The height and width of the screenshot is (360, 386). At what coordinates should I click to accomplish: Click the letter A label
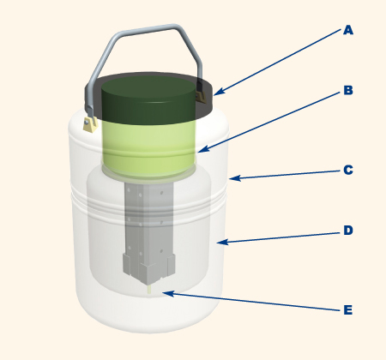(348, 30)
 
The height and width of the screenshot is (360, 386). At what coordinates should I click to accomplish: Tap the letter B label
(348, 90)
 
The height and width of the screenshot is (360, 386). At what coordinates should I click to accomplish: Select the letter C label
(348, 170)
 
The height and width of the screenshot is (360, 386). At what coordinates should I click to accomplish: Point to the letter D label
(348, 231)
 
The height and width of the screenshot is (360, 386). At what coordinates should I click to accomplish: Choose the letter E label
(348, 310)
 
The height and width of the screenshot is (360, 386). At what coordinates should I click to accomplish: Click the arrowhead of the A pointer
(218, 92)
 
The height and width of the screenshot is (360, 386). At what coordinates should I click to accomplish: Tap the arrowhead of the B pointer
(202, 149)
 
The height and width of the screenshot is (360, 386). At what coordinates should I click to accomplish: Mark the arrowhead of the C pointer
(233, 178)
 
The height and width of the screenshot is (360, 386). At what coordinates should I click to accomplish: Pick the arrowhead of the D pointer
(221, 243)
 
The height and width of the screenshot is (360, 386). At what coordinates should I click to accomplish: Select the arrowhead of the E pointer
(167, 293)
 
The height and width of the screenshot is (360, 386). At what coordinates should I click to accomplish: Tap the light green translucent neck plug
(149, 148)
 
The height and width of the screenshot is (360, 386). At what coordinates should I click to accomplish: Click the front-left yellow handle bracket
(90, 125)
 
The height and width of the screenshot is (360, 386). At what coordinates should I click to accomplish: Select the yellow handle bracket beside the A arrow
(201, 96)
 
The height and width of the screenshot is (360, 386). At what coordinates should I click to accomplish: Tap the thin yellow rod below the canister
(148, 291)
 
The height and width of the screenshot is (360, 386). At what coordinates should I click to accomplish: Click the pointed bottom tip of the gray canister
(148, 285)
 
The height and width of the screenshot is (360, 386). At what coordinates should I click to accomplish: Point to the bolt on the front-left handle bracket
(87, 123)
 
